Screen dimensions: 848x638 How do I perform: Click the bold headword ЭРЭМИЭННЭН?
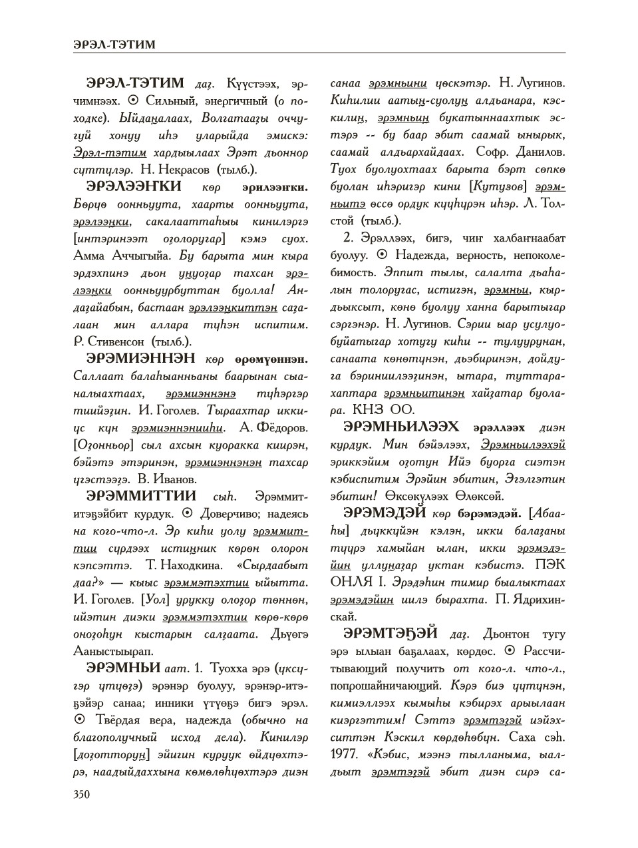click(x=141, y=359)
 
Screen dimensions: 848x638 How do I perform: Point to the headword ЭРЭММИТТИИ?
click(x=142, y=496)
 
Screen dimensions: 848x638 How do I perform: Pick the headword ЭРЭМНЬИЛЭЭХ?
click(x=401, y=427)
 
